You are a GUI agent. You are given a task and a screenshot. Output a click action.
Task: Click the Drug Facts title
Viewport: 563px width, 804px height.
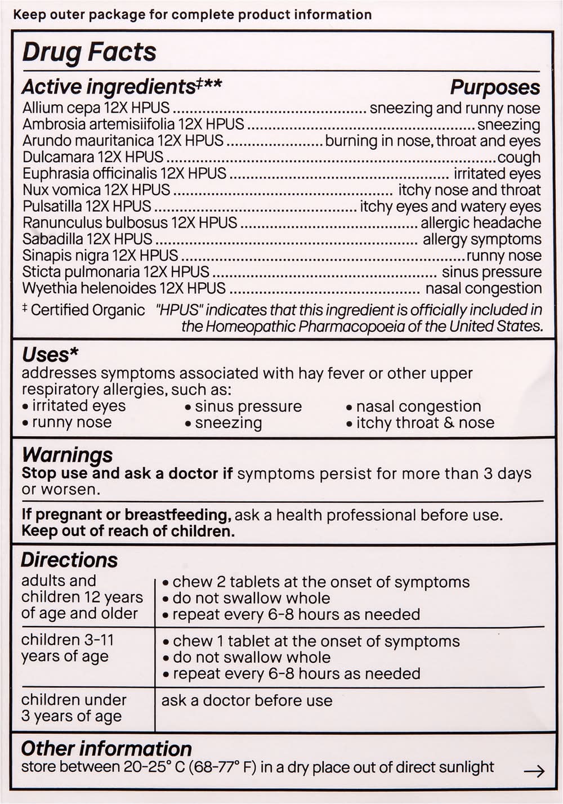[x=89, y=52]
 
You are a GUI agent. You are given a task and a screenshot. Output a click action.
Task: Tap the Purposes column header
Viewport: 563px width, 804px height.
[x=494, y=87]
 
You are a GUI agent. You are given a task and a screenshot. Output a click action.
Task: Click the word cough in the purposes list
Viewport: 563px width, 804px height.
[x=519, y=157]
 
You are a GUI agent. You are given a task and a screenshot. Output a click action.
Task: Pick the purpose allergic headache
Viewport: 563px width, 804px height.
[x=481, y=223]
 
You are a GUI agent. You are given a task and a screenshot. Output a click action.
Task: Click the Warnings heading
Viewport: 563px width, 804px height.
[x=67, y=454]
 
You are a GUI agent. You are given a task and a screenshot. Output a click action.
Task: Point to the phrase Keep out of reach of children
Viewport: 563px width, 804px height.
[x=128, y=531]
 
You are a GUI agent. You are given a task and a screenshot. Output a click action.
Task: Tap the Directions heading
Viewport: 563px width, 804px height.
[x=69, y=560]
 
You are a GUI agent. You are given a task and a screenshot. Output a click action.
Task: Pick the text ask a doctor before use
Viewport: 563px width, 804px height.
[x=247, y=700]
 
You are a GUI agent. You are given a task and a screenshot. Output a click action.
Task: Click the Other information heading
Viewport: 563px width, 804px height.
[x=106, y=748]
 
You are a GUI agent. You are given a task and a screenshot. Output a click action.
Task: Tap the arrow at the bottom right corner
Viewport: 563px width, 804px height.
[x=534, y=771]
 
